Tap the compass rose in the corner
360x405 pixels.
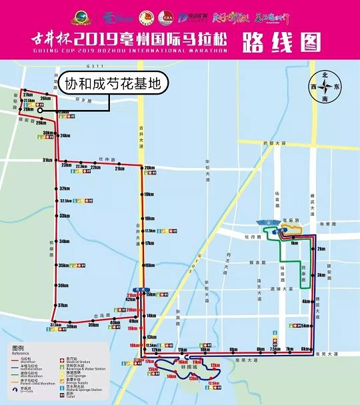tap(326, 87)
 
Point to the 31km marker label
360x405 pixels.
tap(47, 161)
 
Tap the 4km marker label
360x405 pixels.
tap(306, 301)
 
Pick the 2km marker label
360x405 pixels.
tap(321, 249)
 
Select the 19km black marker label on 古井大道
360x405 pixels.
tap(148, 195)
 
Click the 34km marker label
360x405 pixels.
tap(65, 241)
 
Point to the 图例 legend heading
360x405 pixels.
tap(18, 348)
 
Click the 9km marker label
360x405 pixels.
tap(233, 349)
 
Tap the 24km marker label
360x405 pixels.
tap(65, 136)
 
